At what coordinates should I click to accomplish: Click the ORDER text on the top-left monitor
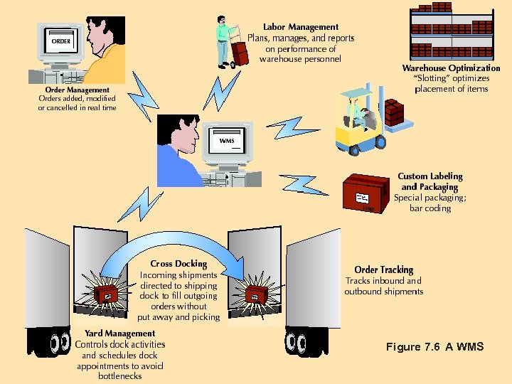tap(61, 41)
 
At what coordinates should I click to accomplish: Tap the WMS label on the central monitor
tap(227, 141)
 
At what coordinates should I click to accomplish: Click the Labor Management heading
tap(301, 27)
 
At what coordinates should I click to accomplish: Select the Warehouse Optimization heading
tap(451, 68)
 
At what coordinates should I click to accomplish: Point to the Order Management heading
tap(77, 90)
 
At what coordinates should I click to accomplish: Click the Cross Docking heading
tap(178, 264)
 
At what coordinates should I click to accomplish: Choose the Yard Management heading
tap(119, 334)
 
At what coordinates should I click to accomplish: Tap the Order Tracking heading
tap(383, 270)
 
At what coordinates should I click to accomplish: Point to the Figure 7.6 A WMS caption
tap(434, 347)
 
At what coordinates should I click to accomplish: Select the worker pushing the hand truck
tap(226, 39)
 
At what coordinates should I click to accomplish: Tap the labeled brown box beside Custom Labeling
tap(366, 194)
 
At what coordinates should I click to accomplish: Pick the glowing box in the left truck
tap(108, 294)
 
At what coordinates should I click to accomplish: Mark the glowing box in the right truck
tap(255, 293)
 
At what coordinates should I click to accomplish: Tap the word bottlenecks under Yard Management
tap(119, 375)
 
